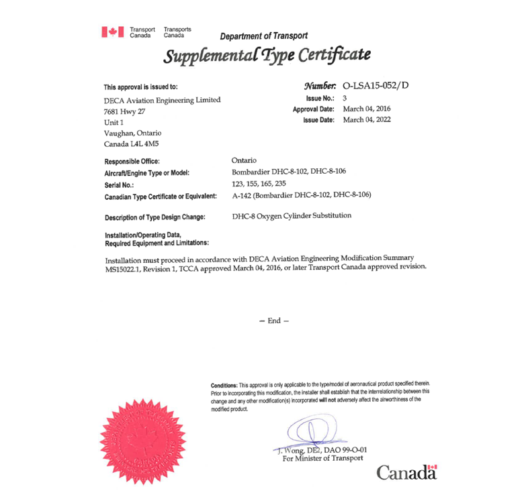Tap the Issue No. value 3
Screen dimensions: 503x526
pyautogui.click(x=345, y=98)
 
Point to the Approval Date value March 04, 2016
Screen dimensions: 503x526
pyautogui.click(x=367, y=109)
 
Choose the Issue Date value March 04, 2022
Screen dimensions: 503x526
pyautogui.click(x=367, y=119)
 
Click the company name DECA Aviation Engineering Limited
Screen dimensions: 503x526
pyautogui.click(x=162, y=101)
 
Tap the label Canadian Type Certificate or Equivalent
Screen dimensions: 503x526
pyautogui.click(x=161, y=196)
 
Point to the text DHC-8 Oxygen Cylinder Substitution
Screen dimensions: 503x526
pyautogui.click(x=292, y=216)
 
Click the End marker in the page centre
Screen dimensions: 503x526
pyautogui.click(x=273, y=321)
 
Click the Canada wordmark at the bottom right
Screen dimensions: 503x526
pyautogui.click(x=407, y=472)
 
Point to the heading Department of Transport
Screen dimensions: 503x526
pyautogui.click(x=264, y=36)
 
